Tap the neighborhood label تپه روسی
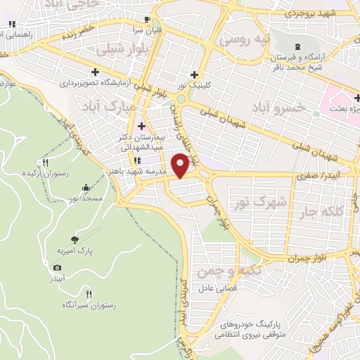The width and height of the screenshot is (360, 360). point(243,40)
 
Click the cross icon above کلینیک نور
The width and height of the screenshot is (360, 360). point(194,75)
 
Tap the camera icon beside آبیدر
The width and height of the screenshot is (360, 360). point(57,267)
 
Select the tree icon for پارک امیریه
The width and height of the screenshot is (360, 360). point(75,239)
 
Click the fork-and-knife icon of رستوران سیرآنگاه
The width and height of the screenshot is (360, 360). point(88,294)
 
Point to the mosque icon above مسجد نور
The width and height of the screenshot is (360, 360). point(86,188)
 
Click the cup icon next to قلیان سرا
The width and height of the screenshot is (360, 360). point(146,20)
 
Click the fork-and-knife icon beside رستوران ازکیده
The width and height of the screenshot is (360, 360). point(46,162)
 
